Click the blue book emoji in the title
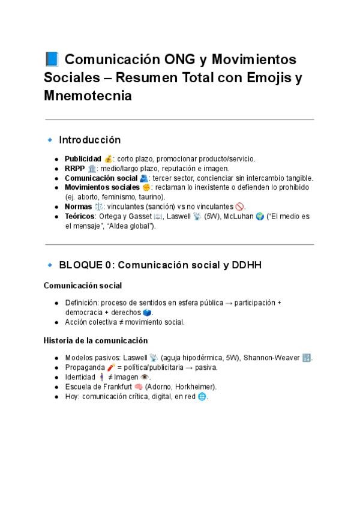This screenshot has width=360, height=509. pyautogui.click(x=51, y=60)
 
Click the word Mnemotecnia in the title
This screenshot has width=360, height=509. pyautogui.click(x=88, y=95)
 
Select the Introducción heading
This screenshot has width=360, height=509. pyautogui.click(x=89, y=140)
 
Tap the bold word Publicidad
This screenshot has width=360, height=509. pyautogui.click(x=83, y=159)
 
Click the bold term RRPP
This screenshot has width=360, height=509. pyautogui.click(x=75, y=169)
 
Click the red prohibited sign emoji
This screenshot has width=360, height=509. pyautogui.click(x=240, y=206)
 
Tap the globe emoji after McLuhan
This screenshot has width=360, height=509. pyautogui.click(x=259, y=216)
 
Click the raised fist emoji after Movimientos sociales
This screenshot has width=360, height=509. pyautogui.click(x=146, y=187)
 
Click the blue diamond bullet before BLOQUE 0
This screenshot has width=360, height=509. pyautogui.click(x=50, y=265)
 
